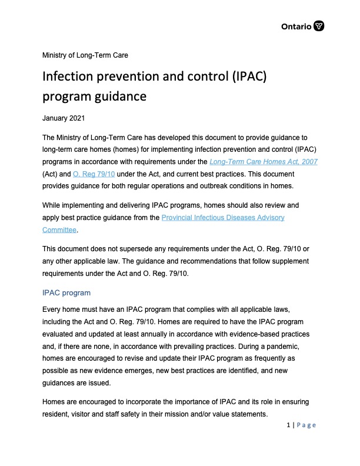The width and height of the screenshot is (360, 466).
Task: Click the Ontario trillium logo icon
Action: (319, 26)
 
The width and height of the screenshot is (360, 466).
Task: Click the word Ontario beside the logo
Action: (297, 26)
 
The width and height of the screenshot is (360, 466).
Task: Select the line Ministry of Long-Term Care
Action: (85, 55)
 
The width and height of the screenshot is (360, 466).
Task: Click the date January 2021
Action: (64, 118)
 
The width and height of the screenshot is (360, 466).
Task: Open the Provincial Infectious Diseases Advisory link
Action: (223, 217)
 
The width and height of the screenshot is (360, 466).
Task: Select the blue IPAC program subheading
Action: (66, 292)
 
